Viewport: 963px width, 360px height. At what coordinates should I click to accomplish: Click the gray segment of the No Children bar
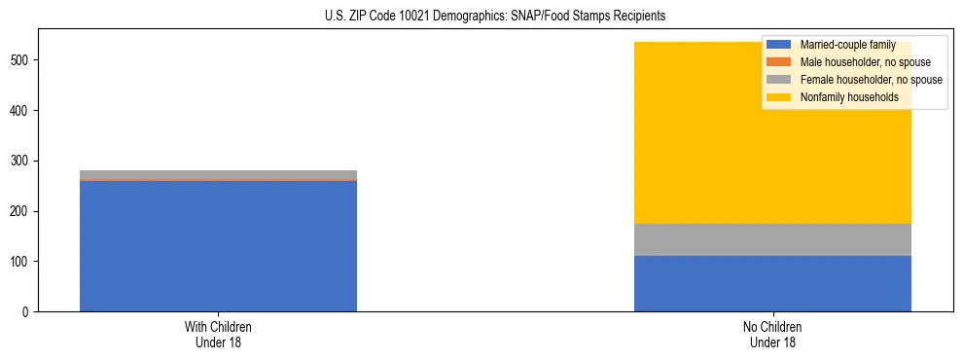click(x=772, y=239)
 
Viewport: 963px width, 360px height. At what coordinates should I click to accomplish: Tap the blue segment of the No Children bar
click(x=772, y=283)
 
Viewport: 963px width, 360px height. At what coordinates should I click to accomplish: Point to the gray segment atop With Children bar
click(x=218, y=174)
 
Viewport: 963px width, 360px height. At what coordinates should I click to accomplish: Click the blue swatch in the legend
click(x=779, y=45)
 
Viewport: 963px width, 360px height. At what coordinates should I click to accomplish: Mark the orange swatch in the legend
click(x=779, y=62)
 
